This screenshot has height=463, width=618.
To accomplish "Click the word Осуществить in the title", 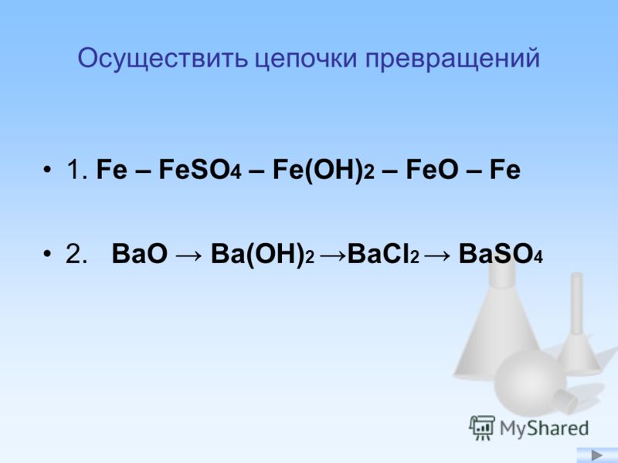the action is [x=163, y=59].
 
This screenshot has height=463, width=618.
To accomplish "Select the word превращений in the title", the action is [x=452, y=59].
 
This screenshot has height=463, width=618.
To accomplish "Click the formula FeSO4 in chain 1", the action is [x=200, y=170].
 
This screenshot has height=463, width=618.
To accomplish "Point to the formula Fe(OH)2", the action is [x=323, y=171].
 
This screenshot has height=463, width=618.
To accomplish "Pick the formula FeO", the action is [x=432, y=170].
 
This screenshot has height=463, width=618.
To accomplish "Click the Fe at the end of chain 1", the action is [x=505, y=170].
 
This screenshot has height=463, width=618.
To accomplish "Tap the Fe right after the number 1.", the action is [x=112, y=170].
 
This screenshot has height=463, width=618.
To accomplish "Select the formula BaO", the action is [x=140, y=254].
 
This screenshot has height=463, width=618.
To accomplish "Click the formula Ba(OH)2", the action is [x=263, y=255].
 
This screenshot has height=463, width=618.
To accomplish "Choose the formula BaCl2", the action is [x=383, y=254].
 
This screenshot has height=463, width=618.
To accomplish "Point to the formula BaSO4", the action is [x=501, y=254].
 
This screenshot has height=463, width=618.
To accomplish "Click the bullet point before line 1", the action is [x=47, y=170].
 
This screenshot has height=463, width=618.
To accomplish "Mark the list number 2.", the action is [x=76, y=254].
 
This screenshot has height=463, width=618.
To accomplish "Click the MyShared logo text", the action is [x=544, y=428].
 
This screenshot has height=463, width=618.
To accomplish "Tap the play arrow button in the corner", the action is [x=597, y=455].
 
